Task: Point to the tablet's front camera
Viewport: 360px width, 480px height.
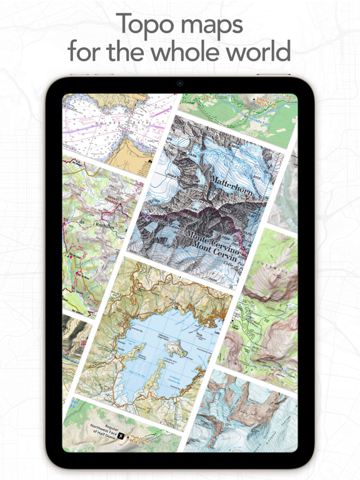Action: pyautogui.click(x=180, y=84)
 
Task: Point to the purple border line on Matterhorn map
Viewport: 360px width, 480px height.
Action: pyautogui.click(x=187, y=216)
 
